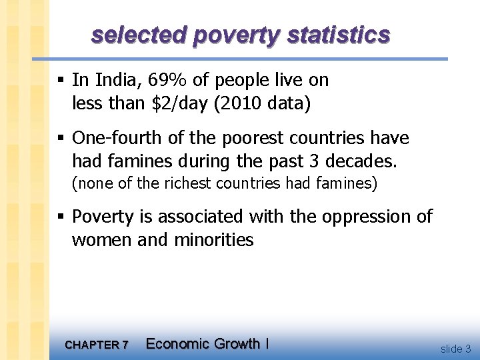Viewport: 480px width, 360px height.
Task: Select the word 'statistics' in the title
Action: pos(339,35)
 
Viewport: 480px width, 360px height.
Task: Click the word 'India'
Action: pos(118,81)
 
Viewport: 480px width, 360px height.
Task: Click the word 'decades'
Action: pos(363,161)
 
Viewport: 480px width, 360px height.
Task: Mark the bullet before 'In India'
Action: pos(61,81)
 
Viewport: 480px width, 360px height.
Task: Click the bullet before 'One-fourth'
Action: pos(61,138)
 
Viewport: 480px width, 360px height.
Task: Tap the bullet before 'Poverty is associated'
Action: pos(61,217)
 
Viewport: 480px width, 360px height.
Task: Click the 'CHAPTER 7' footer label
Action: pos(97,345)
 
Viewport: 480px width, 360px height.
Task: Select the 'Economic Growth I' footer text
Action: pos(207,344)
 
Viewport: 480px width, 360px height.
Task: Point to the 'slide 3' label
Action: pos(455,348)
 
